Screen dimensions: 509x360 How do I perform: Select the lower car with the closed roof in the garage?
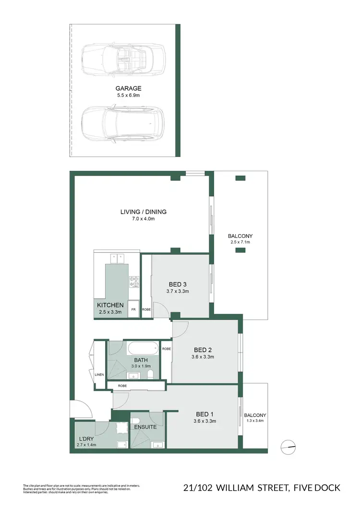tap(122, 122)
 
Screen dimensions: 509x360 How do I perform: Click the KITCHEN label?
tap(110, 305)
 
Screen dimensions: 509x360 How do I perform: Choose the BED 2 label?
tap(202, 349)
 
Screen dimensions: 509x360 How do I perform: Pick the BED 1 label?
tap(202, 414)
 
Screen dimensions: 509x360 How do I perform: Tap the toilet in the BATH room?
tap(151, 374)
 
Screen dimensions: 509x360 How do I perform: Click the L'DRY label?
tap(86, 439)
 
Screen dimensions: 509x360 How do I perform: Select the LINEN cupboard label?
tap(99, 375)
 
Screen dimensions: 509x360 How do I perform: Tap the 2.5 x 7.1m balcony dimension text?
tap(240, 242)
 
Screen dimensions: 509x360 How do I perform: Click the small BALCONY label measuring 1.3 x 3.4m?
tap(254, 415)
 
